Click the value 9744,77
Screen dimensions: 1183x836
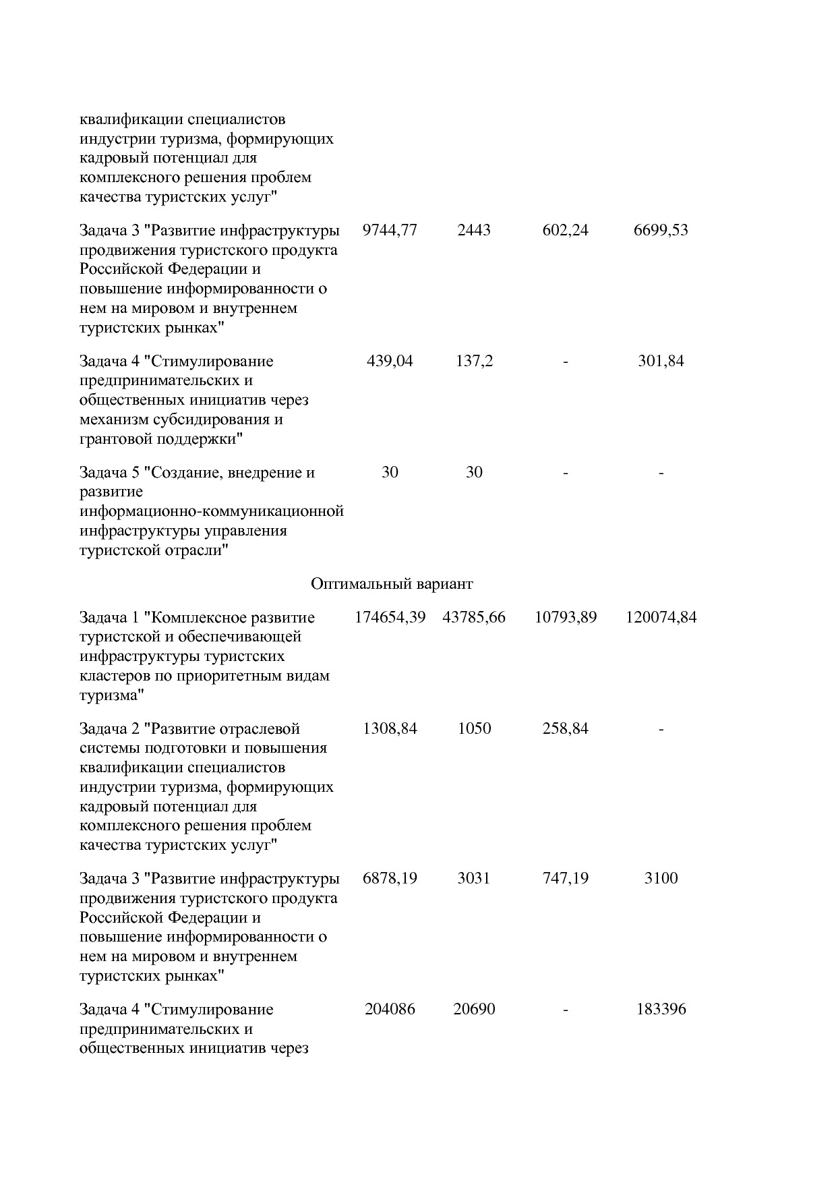pyautogui.click(x=390, y=231)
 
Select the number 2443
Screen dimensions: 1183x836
pyautogui.click(x=474, y=231)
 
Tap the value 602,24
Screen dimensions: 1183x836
pyautogui.click(x=565, y=231)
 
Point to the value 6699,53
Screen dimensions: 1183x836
pyautogui.click(x=661, y=231)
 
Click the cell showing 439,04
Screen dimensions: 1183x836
pyautogui.click(x=390, y=362)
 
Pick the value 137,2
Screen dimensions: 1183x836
pyautogui.click(x=474, y=362)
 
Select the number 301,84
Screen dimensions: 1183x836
pyautogui.click(x=661, y=362)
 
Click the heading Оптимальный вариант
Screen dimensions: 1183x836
pyautogui.click(x=392, y=584)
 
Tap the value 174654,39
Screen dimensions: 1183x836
pyautogui.click(x=390, y=618)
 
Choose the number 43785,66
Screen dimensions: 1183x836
pyautogui.click(x=474, y=618)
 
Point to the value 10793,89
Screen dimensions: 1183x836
pyautogui.click(x=565, y=618)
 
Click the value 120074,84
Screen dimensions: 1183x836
pyautogui.click(x=661, y=618)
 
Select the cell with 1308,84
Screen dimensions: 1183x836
pyautogui.click(x=390, y=729)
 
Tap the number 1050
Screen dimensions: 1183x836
pyautogui.click(x=474, y=729)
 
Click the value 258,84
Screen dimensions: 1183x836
pyautogui.click(x=565, y=729)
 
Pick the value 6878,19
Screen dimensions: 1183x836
pyautogui.click(x=390, y=879)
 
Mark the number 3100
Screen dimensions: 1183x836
pyautogui.click(x=661, y=879)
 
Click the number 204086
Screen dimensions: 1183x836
pyautogui.click(x=390, y=1010)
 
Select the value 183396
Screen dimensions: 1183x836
pyautogui.click(x=661, y=1010)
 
